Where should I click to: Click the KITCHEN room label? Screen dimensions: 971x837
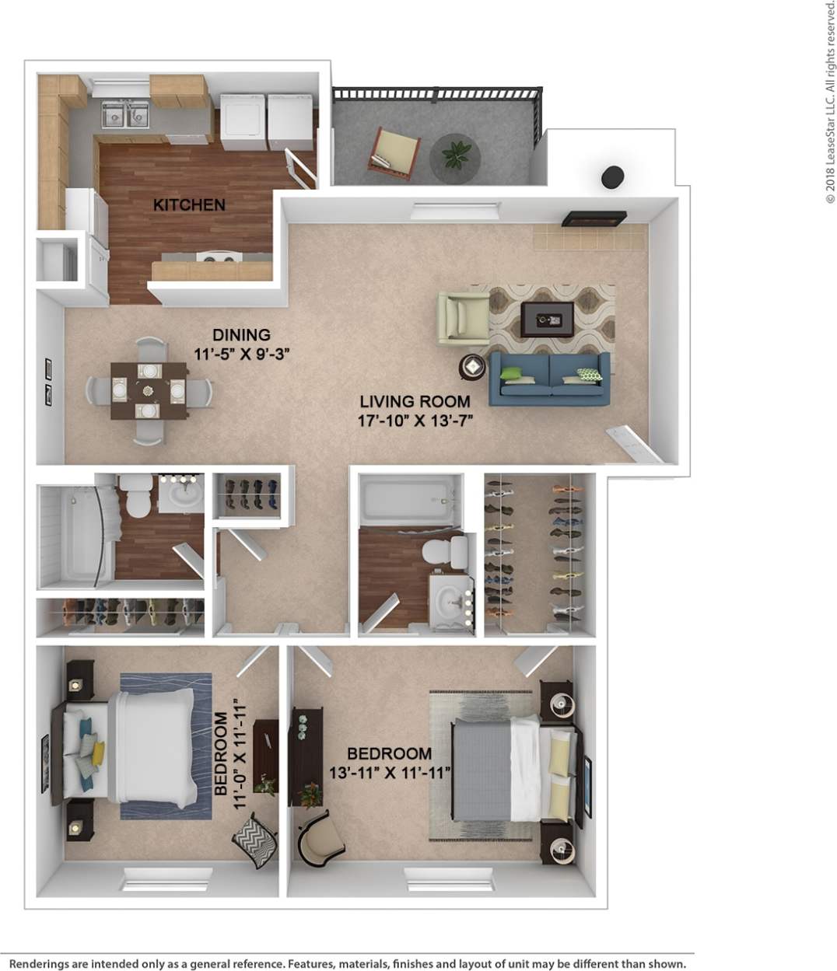[189, 205]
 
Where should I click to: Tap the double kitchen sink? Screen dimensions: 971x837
[125, 114]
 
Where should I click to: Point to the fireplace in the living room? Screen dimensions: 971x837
[594, 218]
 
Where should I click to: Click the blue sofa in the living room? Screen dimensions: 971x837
[548, 378]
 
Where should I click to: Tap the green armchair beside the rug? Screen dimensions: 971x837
[462, 316]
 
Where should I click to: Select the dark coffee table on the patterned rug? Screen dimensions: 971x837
[548, 319]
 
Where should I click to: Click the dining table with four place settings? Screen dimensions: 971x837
[147, 389]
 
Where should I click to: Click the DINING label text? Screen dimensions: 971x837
[242, 335]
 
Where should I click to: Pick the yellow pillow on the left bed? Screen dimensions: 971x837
[97, 752]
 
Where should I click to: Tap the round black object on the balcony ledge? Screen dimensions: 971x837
[612, 176]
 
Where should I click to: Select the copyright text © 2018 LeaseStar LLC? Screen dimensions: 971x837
[829, 101]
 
